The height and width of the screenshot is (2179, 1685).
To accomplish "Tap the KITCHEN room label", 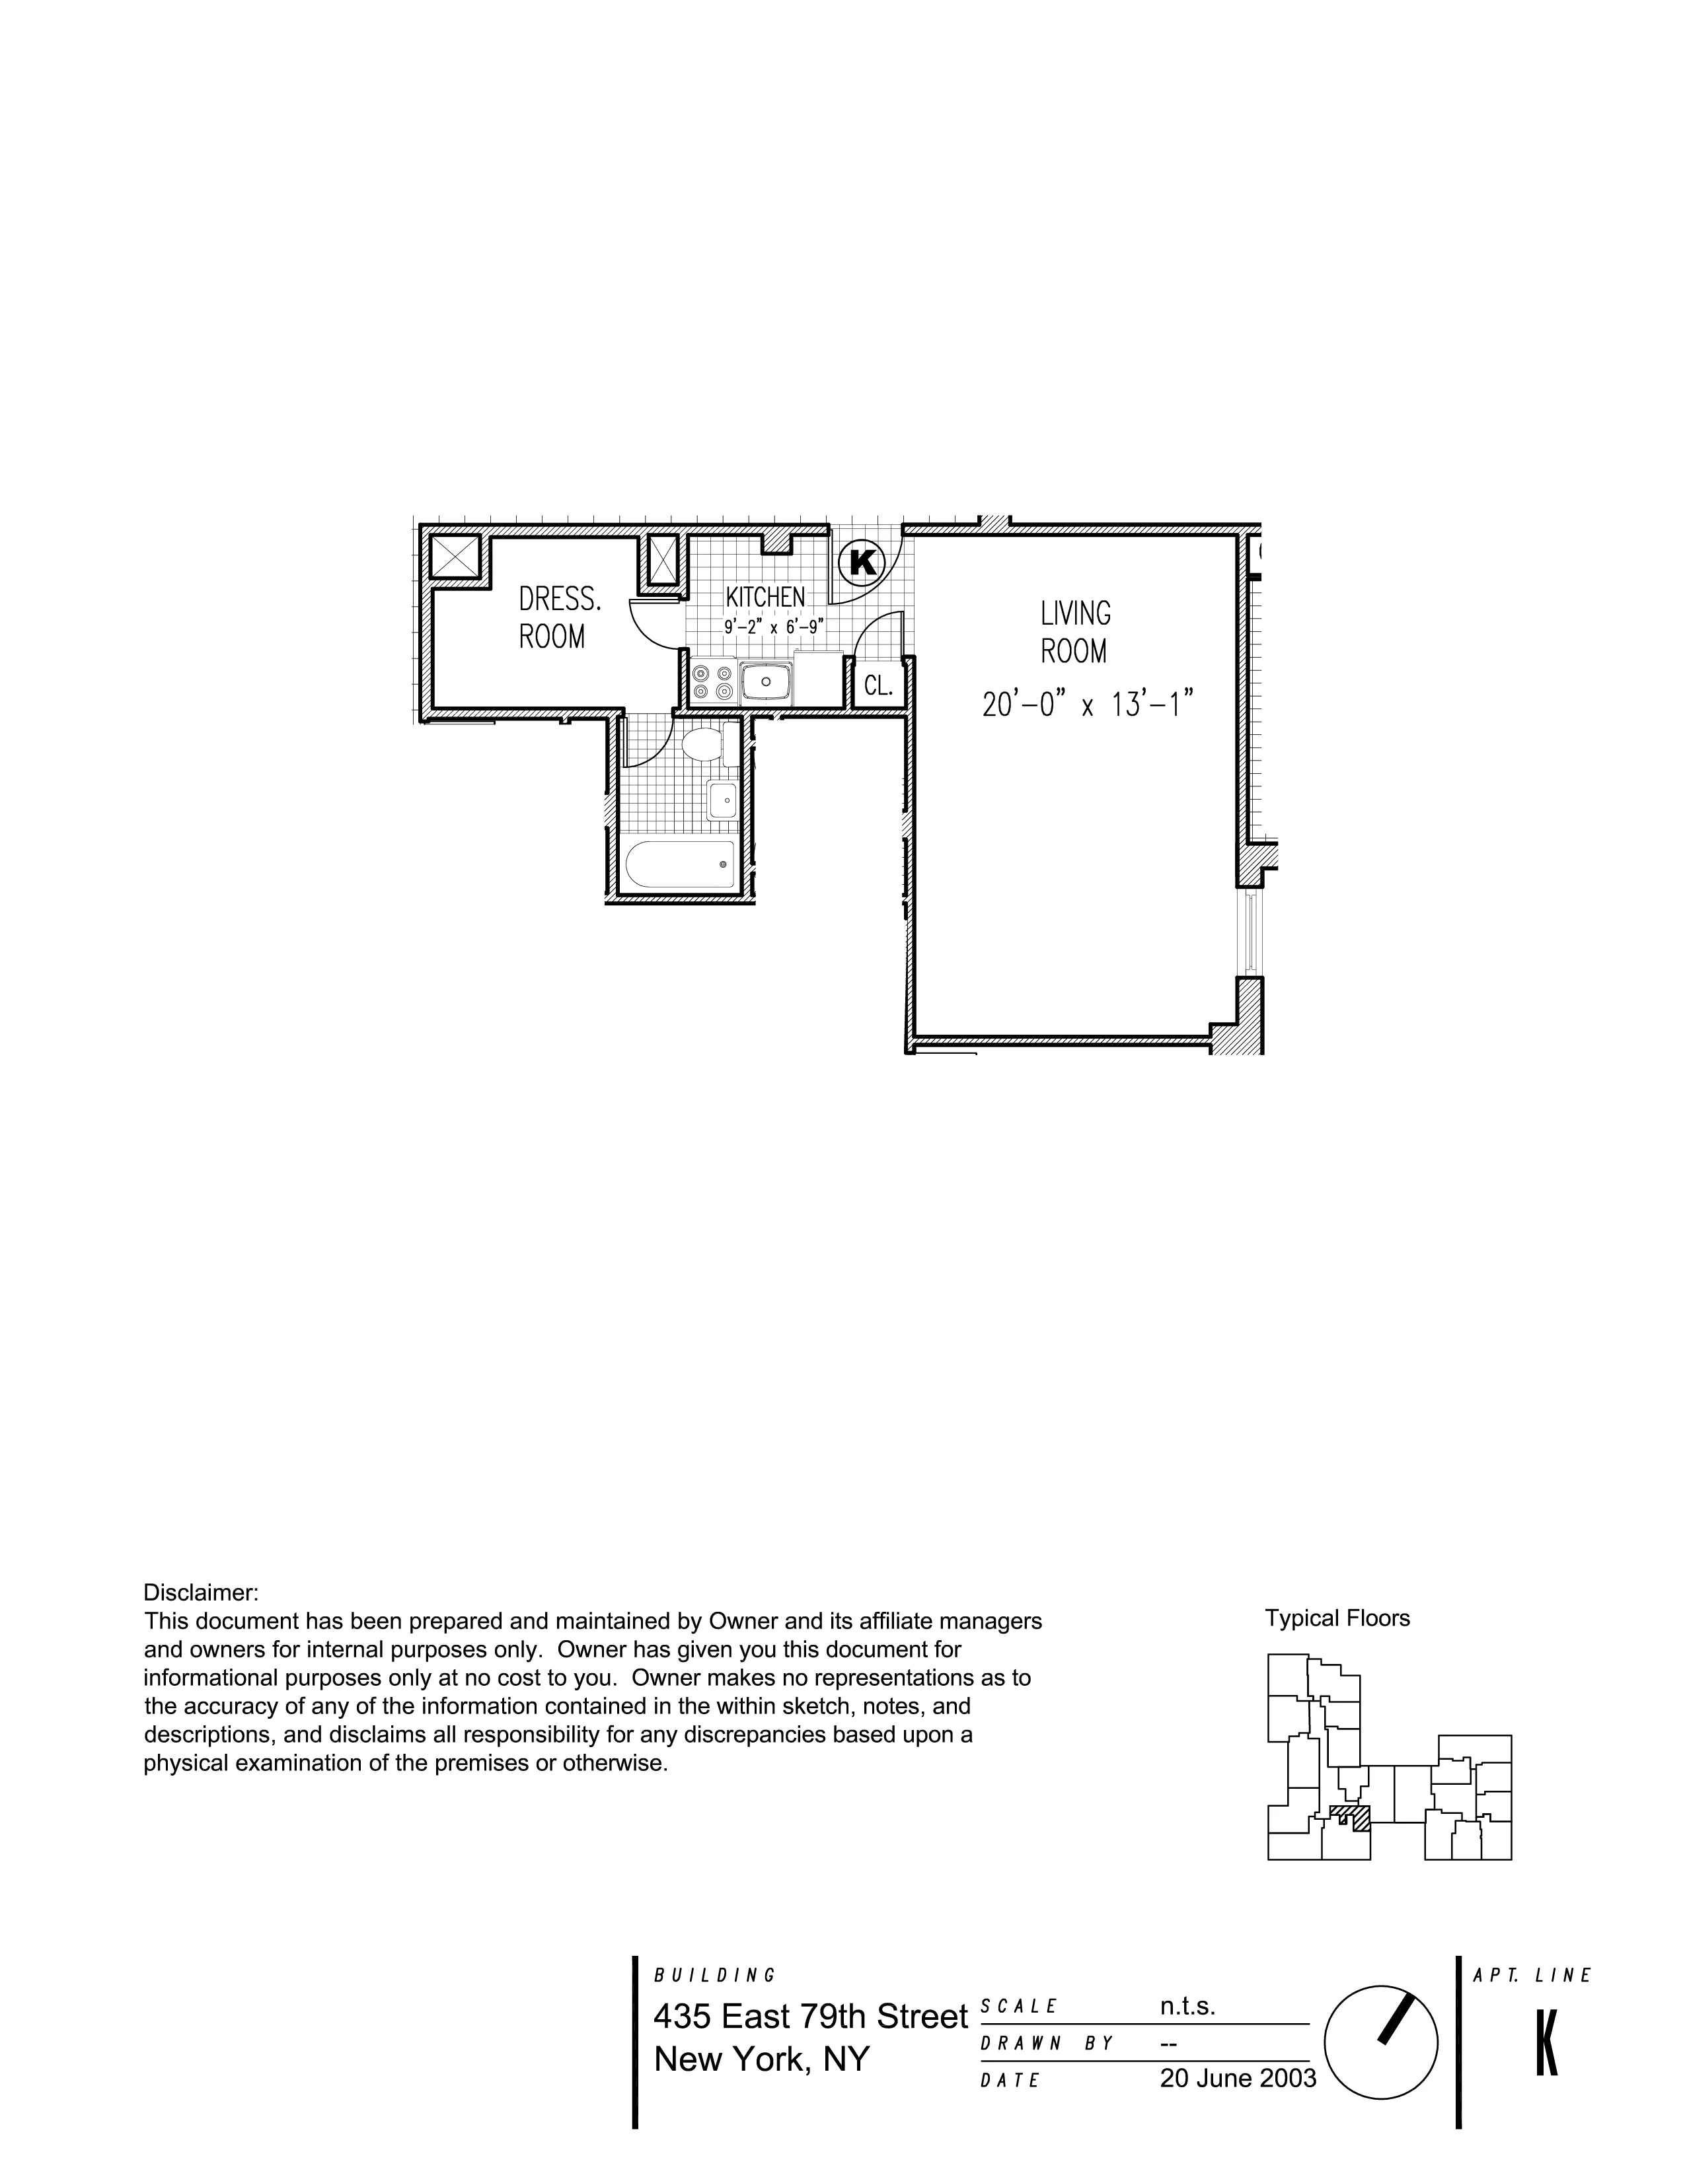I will click(x=765, y=597).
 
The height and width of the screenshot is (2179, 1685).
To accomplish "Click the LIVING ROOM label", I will click(x=1075, y=631).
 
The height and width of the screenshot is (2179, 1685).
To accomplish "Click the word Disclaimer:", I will click(x=202, y=1593).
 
